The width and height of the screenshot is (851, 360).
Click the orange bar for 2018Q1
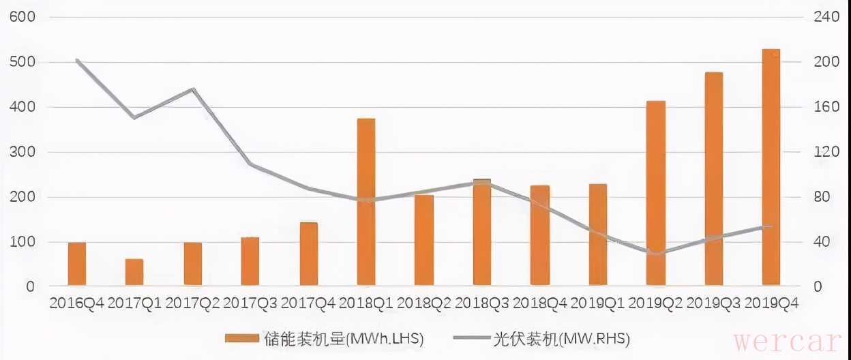(366, 202)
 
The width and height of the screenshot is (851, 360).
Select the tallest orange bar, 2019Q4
(771, 167)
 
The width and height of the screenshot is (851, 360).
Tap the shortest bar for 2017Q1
(134, 272)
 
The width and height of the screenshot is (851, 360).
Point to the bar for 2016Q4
(77, 264)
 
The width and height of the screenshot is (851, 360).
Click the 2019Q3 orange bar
(714, 179)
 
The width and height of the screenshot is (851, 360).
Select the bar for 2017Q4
(308, 254)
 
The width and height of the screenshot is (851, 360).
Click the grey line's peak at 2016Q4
(77, 60)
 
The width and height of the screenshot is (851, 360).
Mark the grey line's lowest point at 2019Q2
(656, 254)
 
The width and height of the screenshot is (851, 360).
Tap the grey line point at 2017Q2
(193, 89)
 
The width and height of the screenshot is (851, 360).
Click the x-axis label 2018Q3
(482, 303)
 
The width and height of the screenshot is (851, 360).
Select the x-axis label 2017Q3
(250, 303)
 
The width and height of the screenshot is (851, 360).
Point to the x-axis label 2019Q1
(598, 303)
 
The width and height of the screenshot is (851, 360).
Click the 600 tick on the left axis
(21, 17)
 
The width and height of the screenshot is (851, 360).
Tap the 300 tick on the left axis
(21, 152)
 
